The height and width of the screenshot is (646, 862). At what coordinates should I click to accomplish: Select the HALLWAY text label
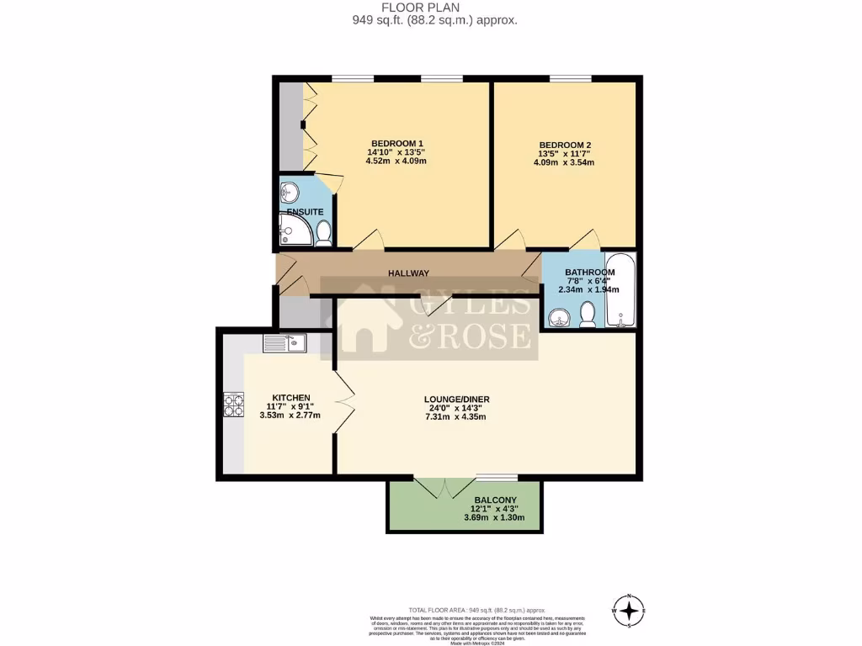(409, 273)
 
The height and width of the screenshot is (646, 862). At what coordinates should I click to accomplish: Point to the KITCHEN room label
(291, 398)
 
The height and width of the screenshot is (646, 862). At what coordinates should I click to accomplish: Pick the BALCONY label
(495, 500)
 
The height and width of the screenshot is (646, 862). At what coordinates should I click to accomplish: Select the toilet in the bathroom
(588, 315)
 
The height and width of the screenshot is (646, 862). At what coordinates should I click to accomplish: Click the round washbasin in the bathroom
(558, 318)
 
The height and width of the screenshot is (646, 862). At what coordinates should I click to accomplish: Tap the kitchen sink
(285, 343)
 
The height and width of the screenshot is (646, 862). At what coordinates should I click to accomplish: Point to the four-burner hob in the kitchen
(233, 405)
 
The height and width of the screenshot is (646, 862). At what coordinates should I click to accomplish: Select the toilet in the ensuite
(323, 233)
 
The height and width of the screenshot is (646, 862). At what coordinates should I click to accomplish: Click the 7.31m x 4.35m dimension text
(456, 418)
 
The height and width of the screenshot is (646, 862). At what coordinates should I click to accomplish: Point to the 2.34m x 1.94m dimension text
(589, 290)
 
